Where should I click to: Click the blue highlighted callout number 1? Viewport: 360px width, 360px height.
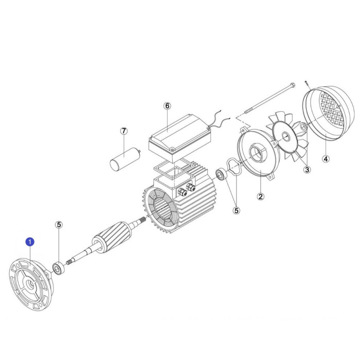30,242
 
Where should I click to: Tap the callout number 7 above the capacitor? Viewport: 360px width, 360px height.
124,131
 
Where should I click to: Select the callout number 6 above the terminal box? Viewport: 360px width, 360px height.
167,106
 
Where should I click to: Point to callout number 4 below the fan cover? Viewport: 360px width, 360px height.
326,158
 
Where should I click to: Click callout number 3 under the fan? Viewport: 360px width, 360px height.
307,170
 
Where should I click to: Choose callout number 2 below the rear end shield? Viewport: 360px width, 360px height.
260,196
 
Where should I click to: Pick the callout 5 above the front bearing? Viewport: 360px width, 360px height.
59,225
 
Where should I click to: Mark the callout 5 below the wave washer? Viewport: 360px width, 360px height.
237,210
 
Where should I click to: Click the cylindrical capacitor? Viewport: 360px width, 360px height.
125,159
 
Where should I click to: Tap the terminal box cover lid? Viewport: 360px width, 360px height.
180,138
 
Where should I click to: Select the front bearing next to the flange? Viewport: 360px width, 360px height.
59,268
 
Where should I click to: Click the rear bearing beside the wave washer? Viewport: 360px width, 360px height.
221,174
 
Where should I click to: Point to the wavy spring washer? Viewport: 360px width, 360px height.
233,168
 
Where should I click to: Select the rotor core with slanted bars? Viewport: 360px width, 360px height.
112,238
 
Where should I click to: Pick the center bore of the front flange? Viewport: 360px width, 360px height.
30,285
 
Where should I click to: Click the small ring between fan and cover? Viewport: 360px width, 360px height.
303,126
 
